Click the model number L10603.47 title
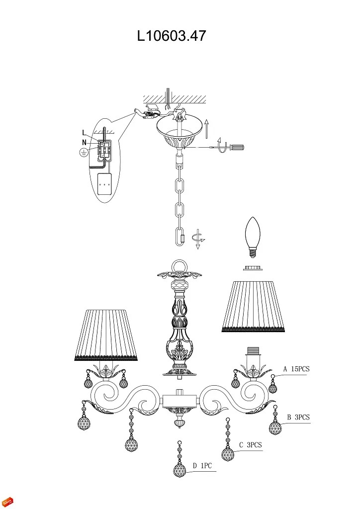(172, 36)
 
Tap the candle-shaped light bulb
(254, 237)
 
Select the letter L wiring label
(85, 133)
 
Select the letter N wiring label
(85, 142)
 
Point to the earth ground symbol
(84, 153)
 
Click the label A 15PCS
(296, 369)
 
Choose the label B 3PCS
(298, 418)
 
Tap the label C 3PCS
(250, 445)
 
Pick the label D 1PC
(202, 466)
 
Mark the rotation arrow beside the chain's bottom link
(199, 238)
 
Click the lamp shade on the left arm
(105, 334)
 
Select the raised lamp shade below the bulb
(254, 306)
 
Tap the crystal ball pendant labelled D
(179, 470)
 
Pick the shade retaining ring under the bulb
(254, 269)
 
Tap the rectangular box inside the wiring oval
(104, 184)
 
